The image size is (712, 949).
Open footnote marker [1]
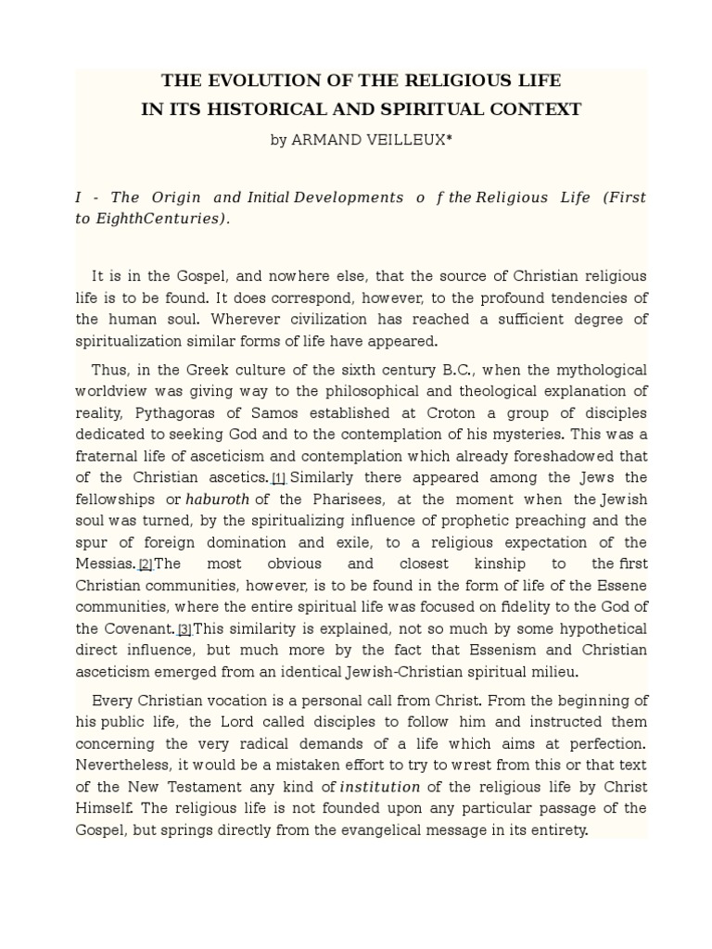tap(279, 478)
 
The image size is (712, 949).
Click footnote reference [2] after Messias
tap(146, 563)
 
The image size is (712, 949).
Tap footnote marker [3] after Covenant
tap(184, 629)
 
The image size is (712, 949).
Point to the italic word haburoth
tap(218, 499)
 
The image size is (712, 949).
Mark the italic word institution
tap(380, 787)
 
